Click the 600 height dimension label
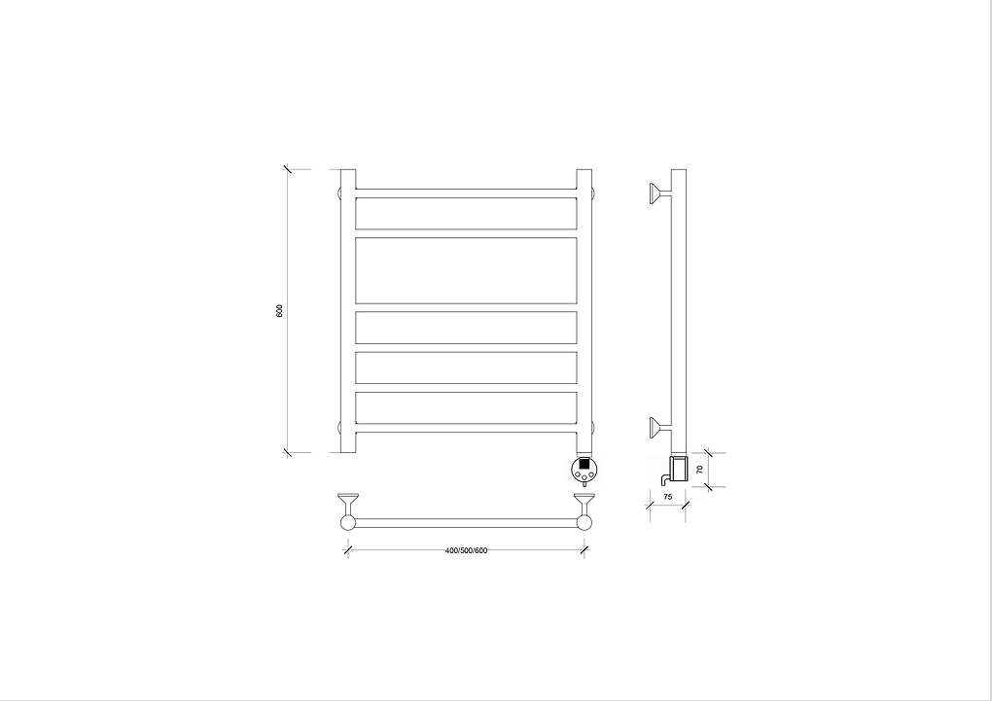coord(280,311)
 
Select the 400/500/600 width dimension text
coord(466,550)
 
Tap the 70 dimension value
coord(699,470)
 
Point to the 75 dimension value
coord(667,497)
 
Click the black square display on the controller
coord(584,464)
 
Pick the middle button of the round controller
coord(584,475)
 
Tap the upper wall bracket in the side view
coord(659,193)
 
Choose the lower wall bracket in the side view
coord(659,428)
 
